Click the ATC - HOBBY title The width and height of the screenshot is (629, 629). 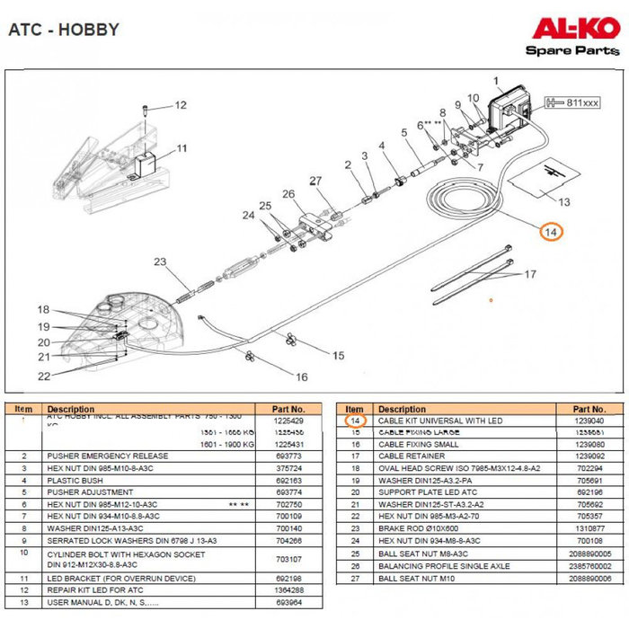click(63, 30)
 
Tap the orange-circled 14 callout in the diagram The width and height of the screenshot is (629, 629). click(553, 232)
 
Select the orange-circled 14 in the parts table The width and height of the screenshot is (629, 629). click(355, 421)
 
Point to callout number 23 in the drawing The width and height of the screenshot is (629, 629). click(160, 262)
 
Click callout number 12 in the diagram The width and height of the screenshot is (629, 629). click(180, 105)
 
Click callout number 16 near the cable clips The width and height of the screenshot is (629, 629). click(302, 377)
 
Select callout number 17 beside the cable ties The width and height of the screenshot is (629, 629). click(531, 274)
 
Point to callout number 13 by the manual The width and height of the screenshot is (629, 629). click(564, 201)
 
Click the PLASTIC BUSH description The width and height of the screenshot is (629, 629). click(76, 481)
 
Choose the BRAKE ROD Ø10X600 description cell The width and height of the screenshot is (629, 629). click(414, 528)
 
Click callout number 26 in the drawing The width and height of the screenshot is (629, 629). click(288, 193)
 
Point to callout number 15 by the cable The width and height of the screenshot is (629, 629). click(338, 356)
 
